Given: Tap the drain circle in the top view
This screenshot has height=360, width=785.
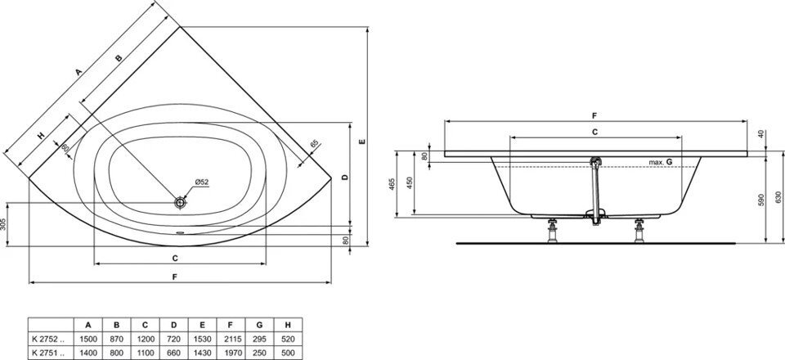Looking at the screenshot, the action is point(180,201).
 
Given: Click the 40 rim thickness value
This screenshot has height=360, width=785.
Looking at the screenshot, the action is point(760,134).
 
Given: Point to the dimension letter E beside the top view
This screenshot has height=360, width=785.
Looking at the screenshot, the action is point(361,142).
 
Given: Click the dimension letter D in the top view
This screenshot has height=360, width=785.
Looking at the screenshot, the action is point(345,177).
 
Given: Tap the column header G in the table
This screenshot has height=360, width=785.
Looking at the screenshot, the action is point(259,324).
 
